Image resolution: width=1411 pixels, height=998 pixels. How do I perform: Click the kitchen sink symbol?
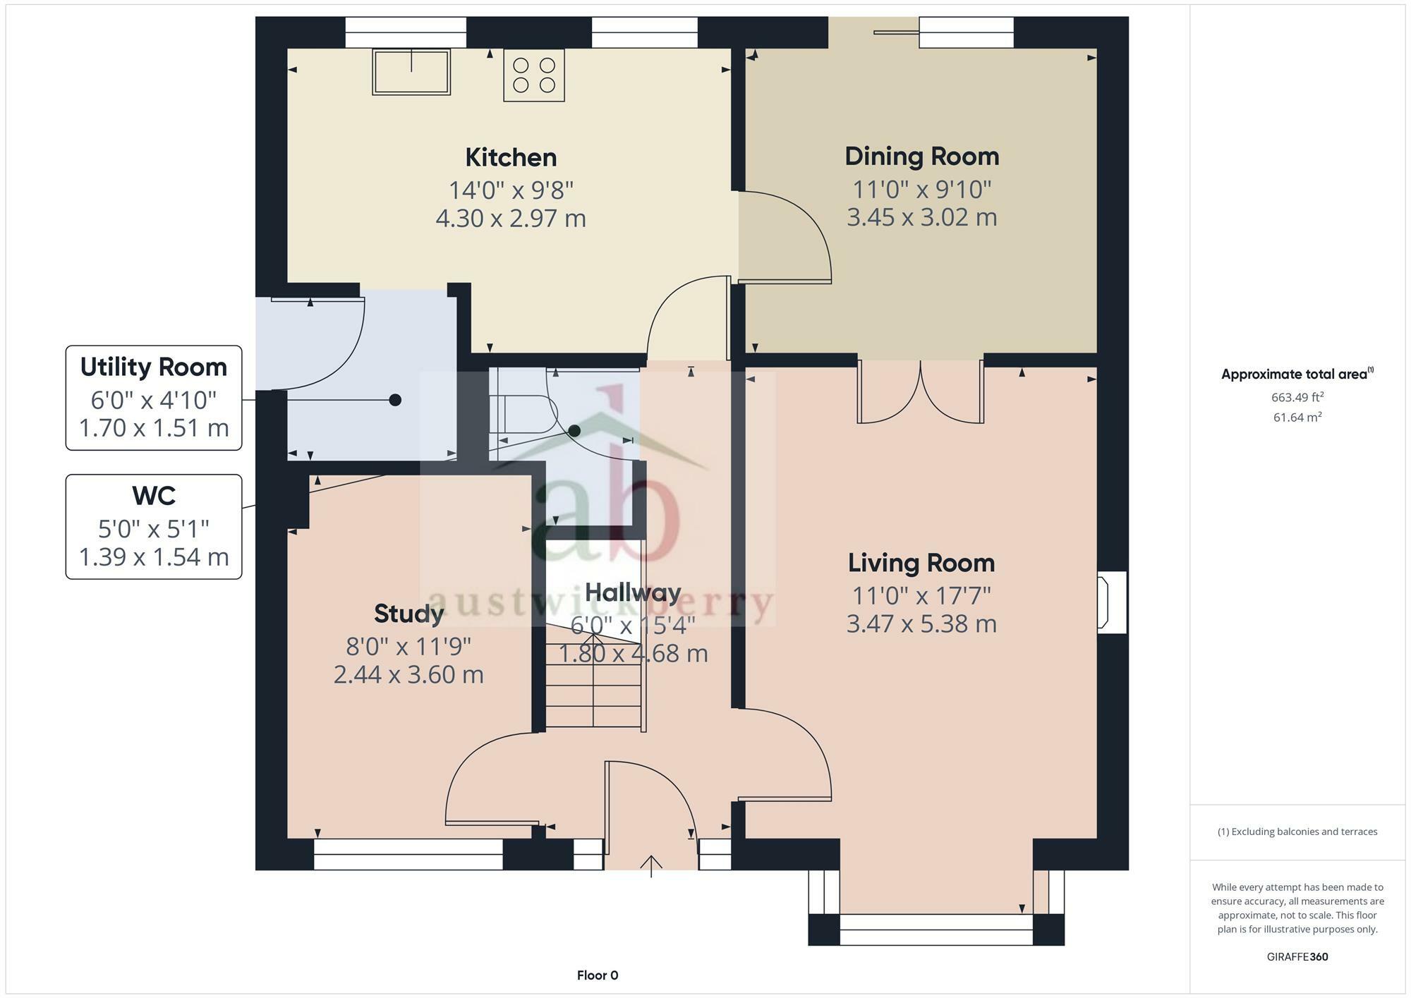411,72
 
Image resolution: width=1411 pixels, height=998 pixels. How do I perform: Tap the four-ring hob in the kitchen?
534,75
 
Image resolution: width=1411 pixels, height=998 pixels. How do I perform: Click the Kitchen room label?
511,157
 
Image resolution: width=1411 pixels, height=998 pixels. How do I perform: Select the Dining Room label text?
921,157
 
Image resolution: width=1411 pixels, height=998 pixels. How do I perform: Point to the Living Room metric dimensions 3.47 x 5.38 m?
921,624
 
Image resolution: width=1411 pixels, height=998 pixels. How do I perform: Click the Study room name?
408,614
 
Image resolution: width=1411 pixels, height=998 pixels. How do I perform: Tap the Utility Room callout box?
154,398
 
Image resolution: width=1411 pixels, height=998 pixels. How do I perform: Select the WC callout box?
154,527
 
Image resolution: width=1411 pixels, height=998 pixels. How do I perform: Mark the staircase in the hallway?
594,688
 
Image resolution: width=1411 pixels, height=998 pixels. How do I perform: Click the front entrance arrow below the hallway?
650,865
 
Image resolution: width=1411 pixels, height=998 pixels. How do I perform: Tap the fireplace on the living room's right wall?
1110,602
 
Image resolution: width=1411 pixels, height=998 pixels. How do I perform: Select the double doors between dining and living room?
920,392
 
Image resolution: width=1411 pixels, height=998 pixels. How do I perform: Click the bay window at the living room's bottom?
935,930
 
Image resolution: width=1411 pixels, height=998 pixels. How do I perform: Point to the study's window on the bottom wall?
408,854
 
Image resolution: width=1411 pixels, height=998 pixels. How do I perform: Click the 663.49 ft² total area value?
1297,398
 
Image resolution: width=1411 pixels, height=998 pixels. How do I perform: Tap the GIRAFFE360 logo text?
1297,957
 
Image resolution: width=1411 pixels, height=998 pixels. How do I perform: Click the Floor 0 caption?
597,975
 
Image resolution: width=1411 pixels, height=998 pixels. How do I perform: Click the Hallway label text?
633,592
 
